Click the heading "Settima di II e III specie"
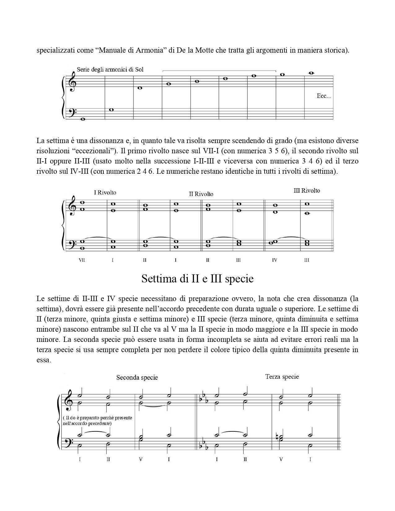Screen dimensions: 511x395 click(197, 279)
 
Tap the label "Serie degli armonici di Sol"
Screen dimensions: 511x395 click(110, 70)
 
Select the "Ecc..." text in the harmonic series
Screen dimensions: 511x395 click(324, 96)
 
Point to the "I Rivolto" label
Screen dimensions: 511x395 click(105, 193)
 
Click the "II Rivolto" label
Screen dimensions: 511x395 click(201, 194)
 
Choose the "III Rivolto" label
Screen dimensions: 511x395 click(307, 191)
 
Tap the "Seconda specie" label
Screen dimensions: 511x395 click(137, 378)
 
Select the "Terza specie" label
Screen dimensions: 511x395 click(282, 377)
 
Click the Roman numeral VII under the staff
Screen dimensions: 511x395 click(82, 260)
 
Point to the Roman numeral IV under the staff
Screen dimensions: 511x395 click(274, 260)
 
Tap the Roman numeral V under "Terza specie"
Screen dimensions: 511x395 click(281, 459)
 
